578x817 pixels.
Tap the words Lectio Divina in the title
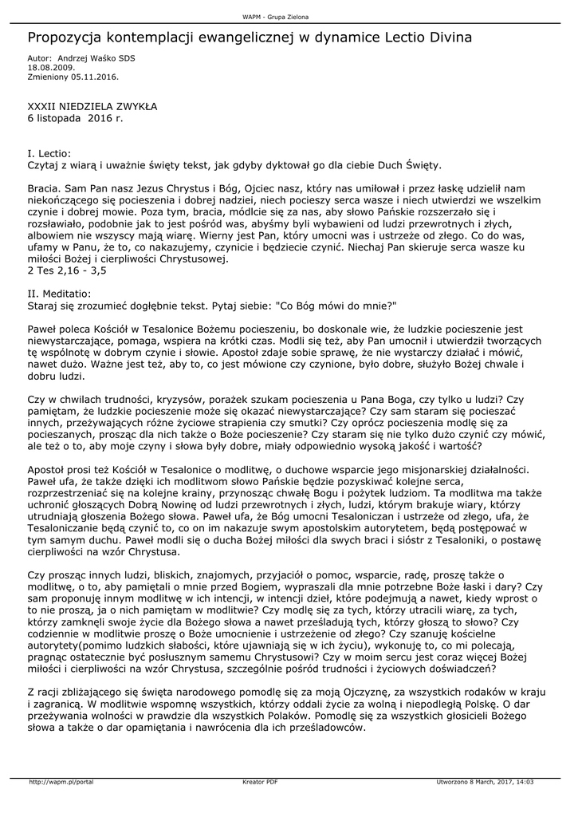(431, 37)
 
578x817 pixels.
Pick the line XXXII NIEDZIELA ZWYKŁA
(92, 105)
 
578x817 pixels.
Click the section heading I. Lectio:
(49, 152)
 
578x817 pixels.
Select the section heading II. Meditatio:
(60, 294)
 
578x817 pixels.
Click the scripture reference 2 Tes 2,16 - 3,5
(67, 270)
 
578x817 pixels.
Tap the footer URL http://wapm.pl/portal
(61, 782)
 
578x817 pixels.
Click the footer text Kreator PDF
(260, 782)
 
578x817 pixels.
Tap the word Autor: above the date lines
(39, 59)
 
